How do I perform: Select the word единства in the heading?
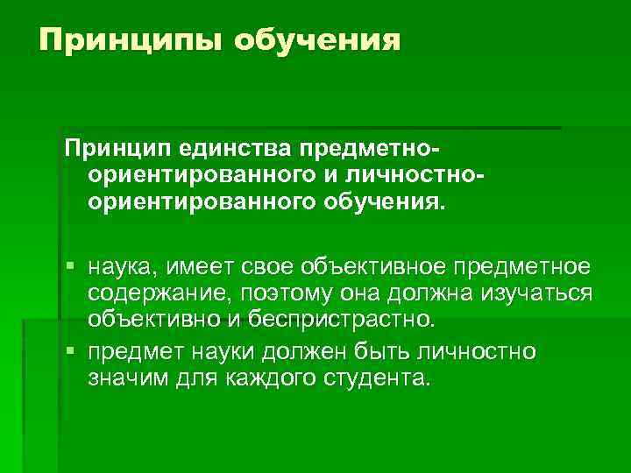230,144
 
